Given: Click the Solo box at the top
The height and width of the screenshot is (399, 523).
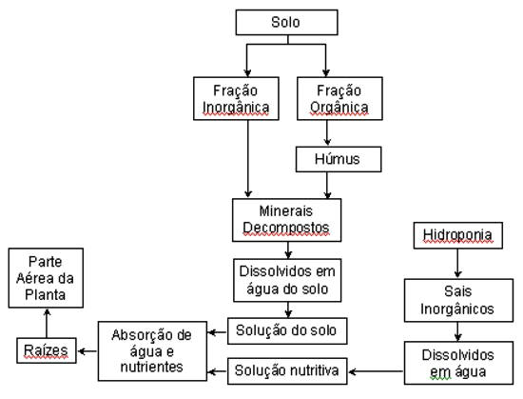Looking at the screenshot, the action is [x=286, y=22].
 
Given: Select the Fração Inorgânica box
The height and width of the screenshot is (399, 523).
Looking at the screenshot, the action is [x=236, y=98].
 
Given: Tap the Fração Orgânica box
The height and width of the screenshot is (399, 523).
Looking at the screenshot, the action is [x=339, y=98].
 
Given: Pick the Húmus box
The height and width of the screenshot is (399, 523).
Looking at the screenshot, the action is [x=339, y=159].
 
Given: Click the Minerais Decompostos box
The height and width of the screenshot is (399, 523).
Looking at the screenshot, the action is [x=286, y=220].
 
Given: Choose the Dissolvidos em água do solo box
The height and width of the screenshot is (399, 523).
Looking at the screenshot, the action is [x=287, y=280].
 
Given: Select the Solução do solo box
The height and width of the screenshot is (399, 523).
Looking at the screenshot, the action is [x=287, y=330].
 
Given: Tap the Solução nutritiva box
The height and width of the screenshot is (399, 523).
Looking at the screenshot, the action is [x=287, y=371].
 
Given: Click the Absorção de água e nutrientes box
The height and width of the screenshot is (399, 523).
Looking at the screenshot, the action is [x=152, y=351].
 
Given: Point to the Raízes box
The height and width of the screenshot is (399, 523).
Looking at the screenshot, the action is [x=47, y=350].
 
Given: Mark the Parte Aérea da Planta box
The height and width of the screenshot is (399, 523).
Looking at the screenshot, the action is [x=46, y=278].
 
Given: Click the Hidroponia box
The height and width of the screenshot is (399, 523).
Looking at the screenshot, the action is [x=458, y=235].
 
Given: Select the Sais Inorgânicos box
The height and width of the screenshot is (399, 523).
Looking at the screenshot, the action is [x=458, y=301].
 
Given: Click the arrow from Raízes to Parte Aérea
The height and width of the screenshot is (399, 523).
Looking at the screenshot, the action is [x=47, y=323].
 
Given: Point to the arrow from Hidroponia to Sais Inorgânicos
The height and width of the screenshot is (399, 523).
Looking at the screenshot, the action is [x=457, y=264].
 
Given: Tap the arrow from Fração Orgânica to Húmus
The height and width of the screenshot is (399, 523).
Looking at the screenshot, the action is [x=327, y=133].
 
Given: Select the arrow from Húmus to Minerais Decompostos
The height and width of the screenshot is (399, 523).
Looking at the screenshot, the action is [x=327, y=186].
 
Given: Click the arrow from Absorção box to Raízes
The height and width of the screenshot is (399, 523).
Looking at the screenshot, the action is [x=87, y=351].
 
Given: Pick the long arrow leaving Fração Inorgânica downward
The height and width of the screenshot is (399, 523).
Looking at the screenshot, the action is [x=247, y=159].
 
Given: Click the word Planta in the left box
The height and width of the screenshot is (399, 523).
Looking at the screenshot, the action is [x=46, y=295].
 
